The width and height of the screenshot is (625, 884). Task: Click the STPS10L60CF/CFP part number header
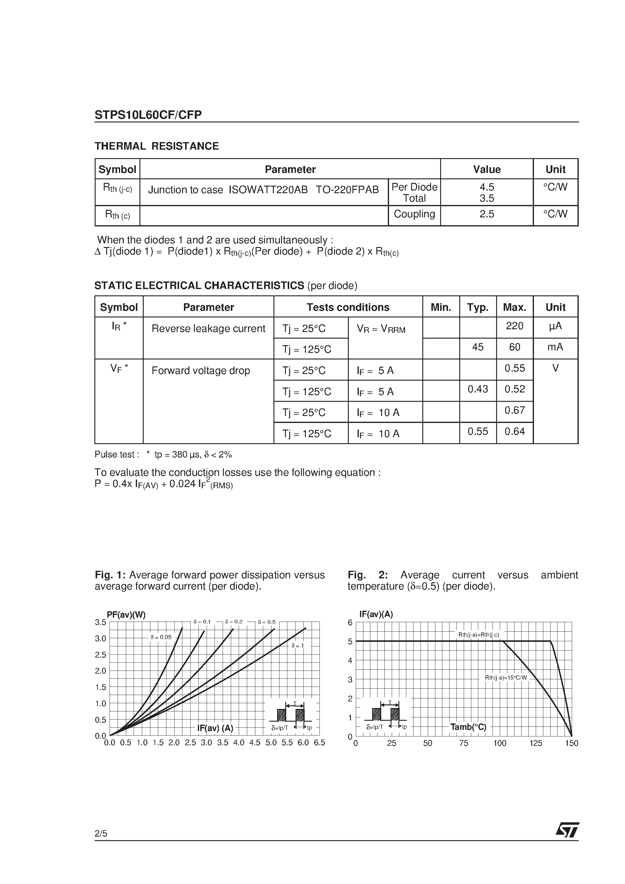pyautogui.click(x=148, y=115)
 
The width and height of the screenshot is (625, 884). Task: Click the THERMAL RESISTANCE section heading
pyautogui.click(x=156, y=146)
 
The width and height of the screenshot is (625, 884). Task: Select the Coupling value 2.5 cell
pyautogui.click(x=487, y=214)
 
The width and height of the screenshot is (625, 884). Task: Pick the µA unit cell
pyautogui.click(x=555, y=326)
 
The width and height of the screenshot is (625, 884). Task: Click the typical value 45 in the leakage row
pyautogui.click(x=477, y=347)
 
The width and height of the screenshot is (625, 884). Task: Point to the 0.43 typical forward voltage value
pyautogui.click(x=477, y=389)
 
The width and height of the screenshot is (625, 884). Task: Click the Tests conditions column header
pyautogui.click(x=348, y=307)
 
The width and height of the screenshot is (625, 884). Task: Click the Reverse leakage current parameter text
pyautogui.click(x=208, y=328)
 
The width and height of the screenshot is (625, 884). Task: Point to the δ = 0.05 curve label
pyautogui.click(x=161, y=637)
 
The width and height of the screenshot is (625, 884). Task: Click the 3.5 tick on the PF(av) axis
pyautogui.click(x=100, y=622)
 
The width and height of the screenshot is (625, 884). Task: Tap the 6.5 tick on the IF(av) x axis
pyautogui.click(x=319, y=743)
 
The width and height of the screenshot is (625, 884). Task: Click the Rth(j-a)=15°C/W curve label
pyautogui.click(x=506, y=678)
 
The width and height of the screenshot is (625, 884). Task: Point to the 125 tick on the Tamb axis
pyautogui.click(x=535, y=743)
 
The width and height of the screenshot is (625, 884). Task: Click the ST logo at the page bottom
pyautogui.click(x=567, y=830)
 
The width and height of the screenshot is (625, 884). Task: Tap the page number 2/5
pyautogui.click(x=101, y=834)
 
